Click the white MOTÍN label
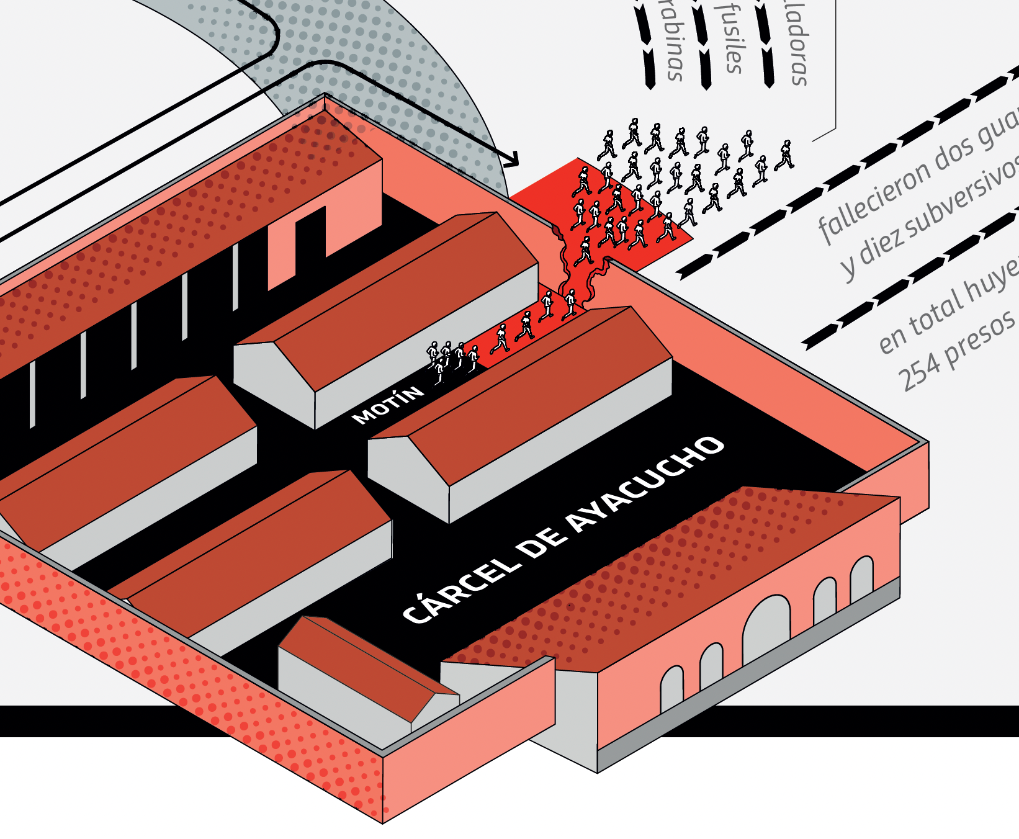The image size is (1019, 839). [x=388, y=405]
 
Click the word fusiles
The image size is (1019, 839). [x=732, y=37]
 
